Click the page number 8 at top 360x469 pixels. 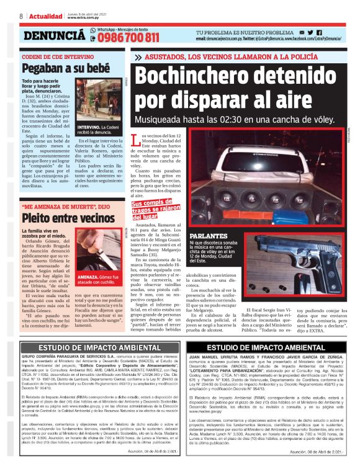pos(21,16)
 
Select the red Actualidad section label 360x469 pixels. pos(45,16)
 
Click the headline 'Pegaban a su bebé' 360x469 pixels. pos(56,67)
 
